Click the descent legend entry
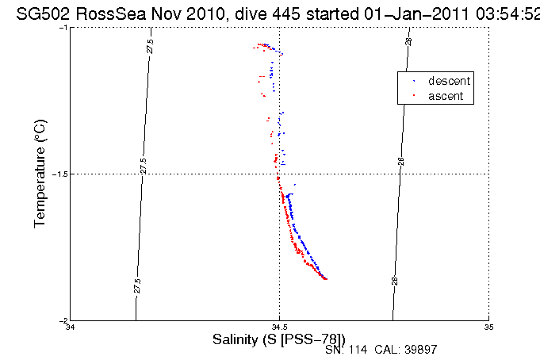[450, 82]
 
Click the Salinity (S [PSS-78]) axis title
[279, 339]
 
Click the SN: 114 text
[344, 350]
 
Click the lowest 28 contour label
[394, 280]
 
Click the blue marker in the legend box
[414, 82]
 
